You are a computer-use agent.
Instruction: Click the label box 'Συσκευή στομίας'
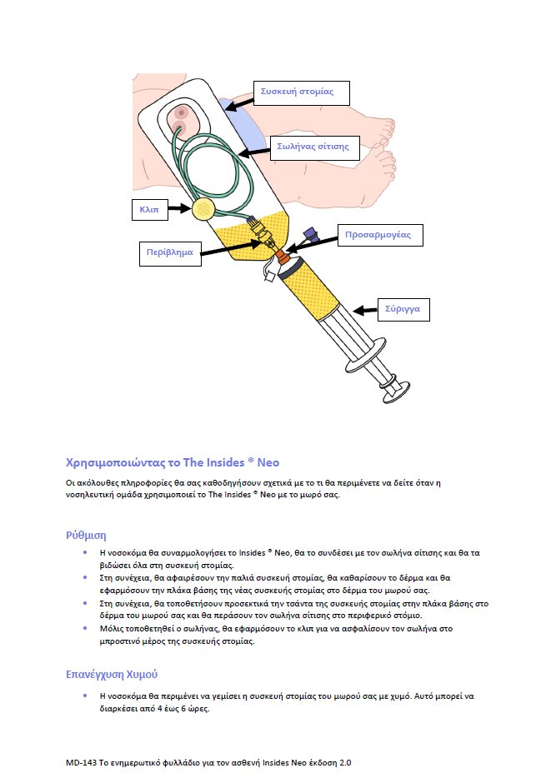click(298, 92)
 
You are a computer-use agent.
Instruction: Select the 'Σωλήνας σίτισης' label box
click(313, 147)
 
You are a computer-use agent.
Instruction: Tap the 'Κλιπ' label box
click(150, 211)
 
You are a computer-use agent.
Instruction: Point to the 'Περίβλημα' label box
click(169, 251)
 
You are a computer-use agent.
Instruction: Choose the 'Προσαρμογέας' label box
click(378, 235)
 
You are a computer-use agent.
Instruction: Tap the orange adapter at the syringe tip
click(284, 259)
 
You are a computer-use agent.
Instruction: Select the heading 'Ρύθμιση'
click(86, 535)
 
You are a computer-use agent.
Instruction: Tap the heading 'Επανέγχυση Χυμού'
click(112, 673)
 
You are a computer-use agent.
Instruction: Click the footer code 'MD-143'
click(82, 762)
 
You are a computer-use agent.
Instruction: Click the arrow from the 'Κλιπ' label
click(179, 211)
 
